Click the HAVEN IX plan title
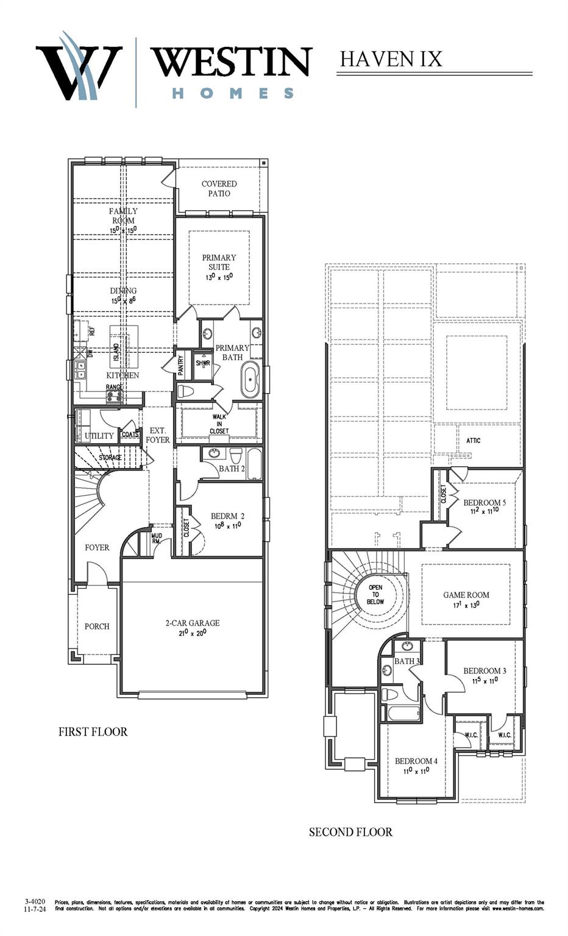click(x=391, y=59)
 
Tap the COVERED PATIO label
click(x=219, y=188)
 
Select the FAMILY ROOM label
click(x=123, y=216)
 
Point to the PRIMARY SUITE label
click(x=219, y=262)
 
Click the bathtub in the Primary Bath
click(x=250, y=380)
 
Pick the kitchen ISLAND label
click(x=116, y=352)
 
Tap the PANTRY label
click(x=181, y=366)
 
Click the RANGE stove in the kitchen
click(x=113, y=396)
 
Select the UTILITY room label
click(x=99, y=436)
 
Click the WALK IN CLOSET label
click(x=219, y=424)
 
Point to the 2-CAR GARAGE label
click(x=193, y=623)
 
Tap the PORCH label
click(x=97, y=626)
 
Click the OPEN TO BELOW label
click(x=375, y=595)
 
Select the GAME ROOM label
click(x=466, y=595)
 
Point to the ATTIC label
click(x=473, y=440)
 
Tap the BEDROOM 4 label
click(x=416, y=761)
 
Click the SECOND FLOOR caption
click(x=350, y=832)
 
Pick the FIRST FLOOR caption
click(x=93, y=732)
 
